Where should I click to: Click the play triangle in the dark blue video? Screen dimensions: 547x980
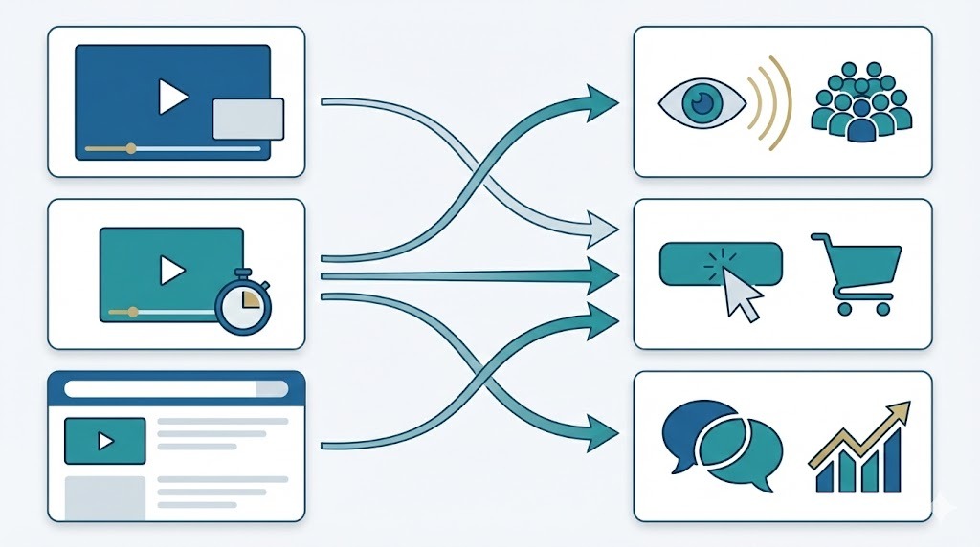[173, 98]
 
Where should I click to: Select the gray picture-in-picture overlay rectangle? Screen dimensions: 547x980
[248, 119]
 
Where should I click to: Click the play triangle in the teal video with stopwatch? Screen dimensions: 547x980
[172, 272]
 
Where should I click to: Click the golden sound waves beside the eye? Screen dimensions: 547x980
[770, 103]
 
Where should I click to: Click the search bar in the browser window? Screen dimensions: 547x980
[174, 389]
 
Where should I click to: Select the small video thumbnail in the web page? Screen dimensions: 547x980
[104, 441]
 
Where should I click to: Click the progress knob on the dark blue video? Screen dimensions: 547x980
[131, 148]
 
